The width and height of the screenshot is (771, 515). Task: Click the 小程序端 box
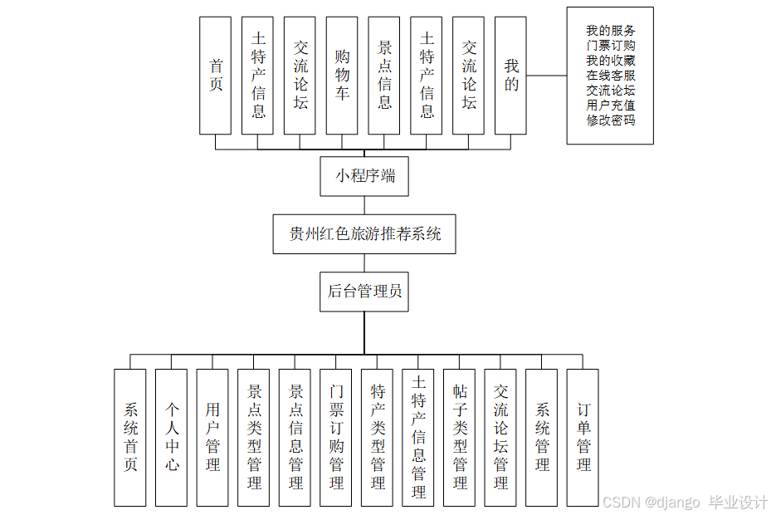[364, 176]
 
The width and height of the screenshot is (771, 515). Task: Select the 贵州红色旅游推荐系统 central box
[364, 234]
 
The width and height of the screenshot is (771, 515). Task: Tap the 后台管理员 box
[364, 291]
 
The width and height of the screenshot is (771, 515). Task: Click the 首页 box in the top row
[215, 76]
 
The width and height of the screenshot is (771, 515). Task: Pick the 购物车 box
[342, 76]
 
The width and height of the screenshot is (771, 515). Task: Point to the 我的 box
[510, 76]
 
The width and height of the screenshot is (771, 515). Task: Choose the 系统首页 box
[129, 437]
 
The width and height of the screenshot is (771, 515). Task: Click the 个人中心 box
[171, 437]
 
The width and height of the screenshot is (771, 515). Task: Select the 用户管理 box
[212, 437]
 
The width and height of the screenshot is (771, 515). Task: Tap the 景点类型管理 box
[253, 437]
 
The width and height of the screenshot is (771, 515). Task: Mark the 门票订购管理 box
[336, 437]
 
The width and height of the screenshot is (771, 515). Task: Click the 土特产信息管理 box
[418, 437]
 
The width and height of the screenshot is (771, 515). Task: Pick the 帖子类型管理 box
[460, 437]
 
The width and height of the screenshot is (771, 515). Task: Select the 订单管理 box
[583, 437]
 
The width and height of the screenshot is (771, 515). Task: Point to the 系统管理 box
[542, 437]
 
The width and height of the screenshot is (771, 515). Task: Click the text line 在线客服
[611, 76]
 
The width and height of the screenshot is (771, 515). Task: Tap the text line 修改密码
[611, 120]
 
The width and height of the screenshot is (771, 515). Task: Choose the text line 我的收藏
[611, 61]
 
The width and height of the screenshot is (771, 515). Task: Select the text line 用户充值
[611, 105]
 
